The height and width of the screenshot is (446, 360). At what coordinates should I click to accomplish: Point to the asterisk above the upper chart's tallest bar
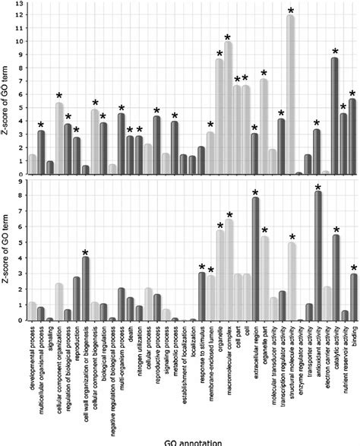[x=291, y=11]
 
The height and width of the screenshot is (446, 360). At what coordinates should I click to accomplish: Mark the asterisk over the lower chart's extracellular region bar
[x=255, y=193]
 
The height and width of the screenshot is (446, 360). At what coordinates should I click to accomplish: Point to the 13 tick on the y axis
[x=18, y=5]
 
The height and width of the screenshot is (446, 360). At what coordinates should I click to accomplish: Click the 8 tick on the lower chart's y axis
[x=18, y=195]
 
